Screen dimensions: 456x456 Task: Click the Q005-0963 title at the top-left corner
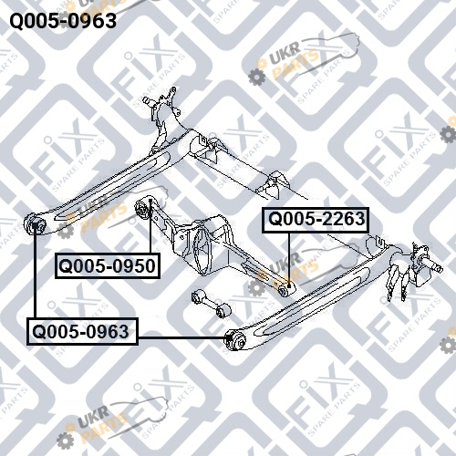point(63,21)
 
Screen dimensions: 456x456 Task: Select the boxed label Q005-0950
point(108,265)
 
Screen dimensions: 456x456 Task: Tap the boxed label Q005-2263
point(316,220)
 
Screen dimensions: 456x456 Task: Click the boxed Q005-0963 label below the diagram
point(82,331)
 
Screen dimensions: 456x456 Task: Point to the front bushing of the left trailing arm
point(35,225)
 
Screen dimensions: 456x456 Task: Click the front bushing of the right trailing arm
point(235,340)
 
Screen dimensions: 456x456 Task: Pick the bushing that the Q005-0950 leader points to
point(143,209)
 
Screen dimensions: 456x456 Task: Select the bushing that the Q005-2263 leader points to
point(285,289)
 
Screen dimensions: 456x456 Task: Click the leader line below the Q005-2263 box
point(289,259)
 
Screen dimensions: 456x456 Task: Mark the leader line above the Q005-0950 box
point(150,227)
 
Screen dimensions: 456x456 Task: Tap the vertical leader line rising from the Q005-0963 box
point(36,273)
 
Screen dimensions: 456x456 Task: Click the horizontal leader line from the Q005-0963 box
point(182,337)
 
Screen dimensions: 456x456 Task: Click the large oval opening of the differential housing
point(202,253)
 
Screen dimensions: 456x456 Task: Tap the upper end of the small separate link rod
point(197,296)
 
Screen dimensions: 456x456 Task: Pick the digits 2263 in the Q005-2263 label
point(344,220)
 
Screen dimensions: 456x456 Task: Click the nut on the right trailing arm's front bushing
point(241,343)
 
